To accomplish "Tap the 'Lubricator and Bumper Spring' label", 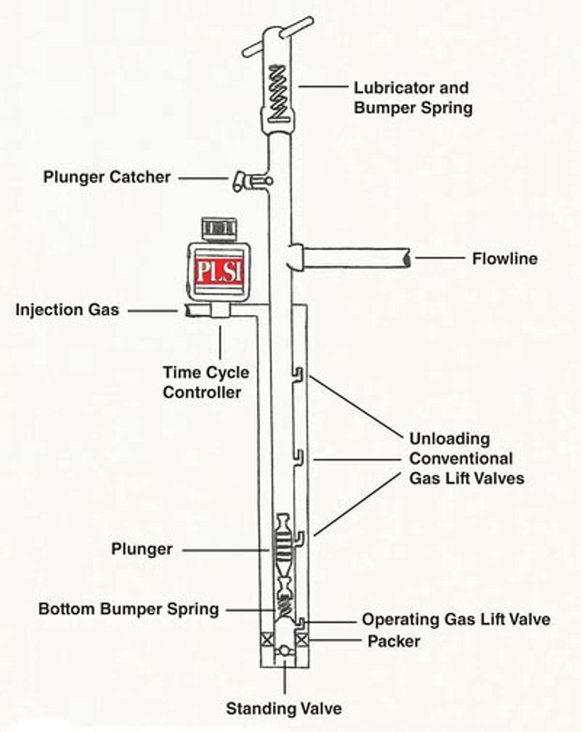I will click(413, 98).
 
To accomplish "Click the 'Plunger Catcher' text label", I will click(107, 177).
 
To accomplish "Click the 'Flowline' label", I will click(505, 259).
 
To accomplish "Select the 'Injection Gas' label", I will click(67, 310).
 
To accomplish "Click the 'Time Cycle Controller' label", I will click(205, 382).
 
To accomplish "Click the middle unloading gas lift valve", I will click(299, 457).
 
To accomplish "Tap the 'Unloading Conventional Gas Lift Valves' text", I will click(466, 458).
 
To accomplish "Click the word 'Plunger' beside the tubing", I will click(142, 549).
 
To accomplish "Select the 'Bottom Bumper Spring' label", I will click(128, 609).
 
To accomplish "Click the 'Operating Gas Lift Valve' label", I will click(456, 619).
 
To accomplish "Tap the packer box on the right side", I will click(302, 640).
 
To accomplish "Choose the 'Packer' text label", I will click(394, 641).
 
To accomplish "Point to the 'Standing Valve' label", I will click(284, 709).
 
